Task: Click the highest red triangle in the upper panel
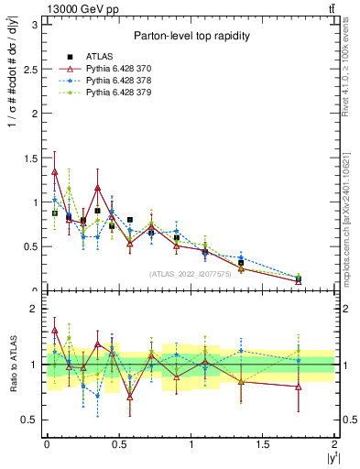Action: tap(55, 171)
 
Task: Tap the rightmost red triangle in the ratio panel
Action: tap(299, 387)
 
